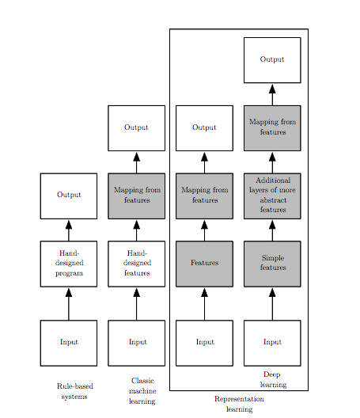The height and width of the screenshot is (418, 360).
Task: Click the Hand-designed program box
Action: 69,264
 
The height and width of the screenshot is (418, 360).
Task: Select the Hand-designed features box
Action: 137,264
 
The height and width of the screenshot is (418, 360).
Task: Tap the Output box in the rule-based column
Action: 69,196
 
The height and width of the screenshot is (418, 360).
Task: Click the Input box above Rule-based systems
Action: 69,343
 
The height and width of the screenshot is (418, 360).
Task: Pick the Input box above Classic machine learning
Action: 137,343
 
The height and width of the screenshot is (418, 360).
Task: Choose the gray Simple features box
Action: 272,264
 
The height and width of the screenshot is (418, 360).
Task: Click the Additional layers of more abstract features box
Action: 272,196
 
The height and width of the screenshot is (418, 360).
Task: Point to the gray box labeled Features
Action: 204,264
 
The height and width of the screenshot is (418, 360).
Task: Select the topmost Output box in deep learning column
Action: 272,60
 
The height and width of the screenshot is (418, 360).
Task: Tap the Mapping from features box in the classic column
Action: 137,196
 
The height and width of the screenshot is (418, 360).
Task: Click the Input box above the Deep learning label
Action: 272,343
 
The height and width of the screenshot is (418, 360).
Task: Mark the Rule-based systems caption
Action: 74,391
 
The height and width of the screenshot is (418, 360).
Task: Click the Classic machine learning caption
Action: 142,391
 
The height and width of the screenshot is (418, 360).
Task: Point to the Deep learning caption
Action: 272,379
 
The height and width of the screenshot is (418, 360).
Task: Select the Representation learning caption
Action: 239,405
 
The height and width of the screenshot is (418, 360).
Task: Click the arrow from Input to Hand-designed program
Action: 69,303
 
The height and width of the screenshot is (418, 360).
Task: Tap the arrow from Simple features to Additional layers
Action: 272,230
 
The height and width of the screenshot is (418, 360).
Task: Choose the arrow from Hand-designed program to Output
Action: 69,230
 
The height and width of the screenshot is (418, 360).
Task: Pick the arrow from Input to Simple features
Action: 272,303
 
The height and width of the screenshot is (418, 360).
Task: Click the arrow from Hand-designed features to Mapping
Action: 137,230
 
